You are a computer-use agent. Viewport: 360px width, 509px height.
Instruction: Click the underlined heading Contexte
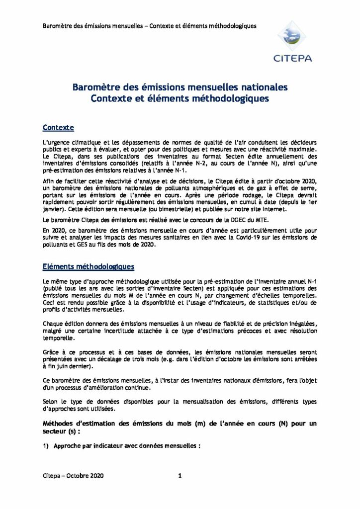pyautogui.click(x=59, y=128)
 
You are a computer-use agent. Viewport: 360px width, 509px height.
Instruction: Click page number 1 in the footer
pyautogui.click(x=180, y=476)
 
